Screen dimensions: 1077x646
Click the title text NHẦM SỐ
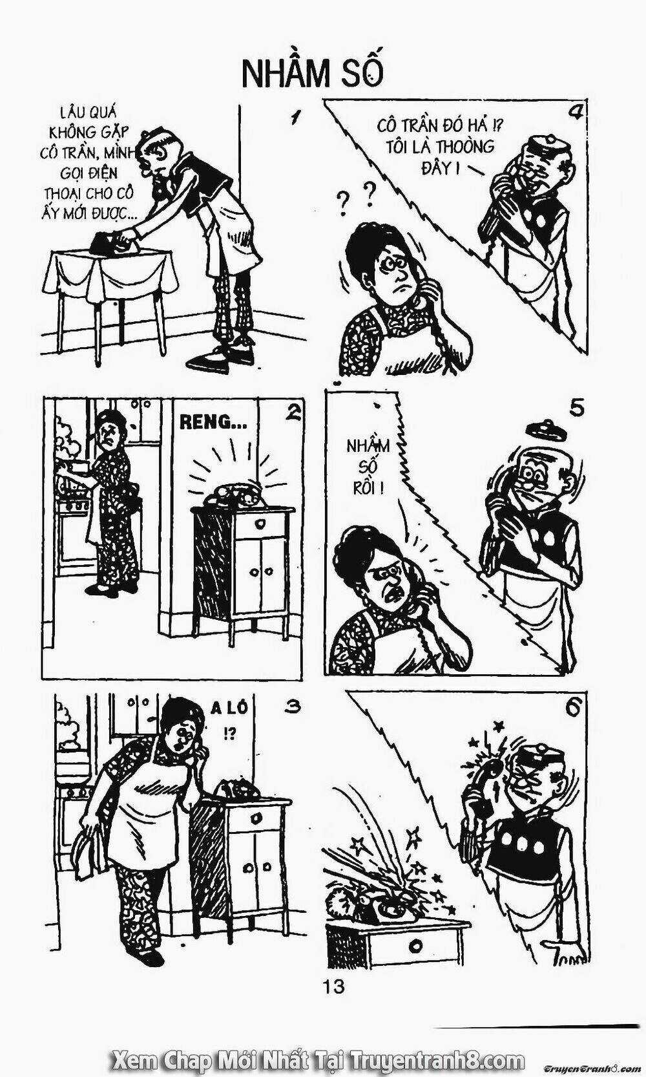tap(312, 74)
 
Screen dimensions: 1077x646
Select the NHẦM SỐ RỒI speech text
tap(369, 465)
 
